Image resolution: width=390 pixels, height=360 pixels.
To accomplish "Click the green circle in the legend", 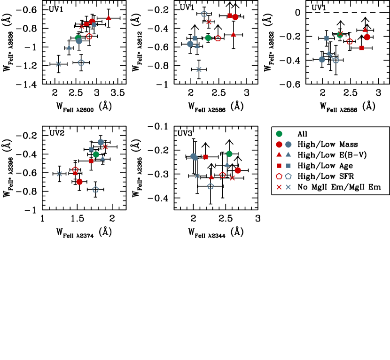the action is (x=279, y=134).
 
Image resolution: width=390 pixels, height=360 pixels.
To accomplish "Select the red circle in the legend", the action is (x=279, y=145).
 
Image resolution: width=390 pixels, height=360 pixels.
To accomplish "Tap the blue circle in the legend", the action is (x=289, y=145).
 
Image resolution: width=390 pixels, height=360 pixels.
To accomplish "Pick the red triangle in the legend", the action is (x=279, y=154).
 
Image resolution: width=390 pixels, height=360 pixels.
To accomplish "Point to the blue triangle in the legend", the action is (x=289, y=154).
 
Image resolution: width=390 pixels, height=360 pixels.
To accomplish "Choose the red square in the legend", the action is (x=279, y=166).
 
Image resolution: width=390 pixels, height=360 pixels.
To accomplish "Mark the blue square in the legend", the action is (x=289, y=166).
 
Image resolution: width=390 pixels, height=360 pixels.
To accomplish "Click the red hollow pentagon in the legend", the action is (x=279, y=176).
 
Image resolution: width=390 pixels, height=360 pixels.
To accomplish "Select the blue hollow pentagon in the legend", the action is (x=289, y=176).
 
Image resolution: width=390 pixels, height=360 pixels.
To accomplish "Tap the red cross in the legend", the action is (x=279, y=187).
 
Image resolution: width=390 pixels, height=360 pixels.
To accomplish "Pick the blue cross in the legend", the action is (x=289, y=187).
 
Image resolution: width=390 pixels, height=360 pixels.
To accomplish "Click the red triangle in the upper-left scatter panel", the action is (x=109, y=18).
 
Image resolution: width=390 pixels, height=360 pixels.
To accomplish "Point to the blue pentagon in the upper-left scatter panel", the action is (x=81, y=62).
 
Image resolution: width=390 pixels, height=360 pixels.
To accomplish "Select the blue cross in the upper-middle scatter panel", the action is (x=199, y=69).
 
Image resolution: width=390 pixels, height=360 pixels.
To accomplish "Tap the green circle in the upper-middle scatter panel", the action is (x=208, y=38).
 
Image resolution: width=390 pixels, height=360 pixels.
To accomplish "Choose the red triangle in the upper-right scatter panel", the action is (x=365, y=30).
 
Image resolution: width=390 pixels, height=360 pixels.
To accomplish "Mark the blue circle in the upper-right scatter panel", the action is (x=322, y=60).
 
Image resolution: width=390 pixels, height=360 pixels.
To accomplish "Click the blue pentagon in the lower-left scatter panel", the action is (x=96, y=190).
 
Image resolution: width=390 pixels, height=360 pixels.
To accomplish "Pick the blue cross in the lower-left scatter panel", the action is (x=60, y=174).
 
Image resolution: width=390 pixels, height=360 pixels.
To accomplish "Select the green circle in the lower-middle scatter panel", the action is (x=229, y=154).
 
